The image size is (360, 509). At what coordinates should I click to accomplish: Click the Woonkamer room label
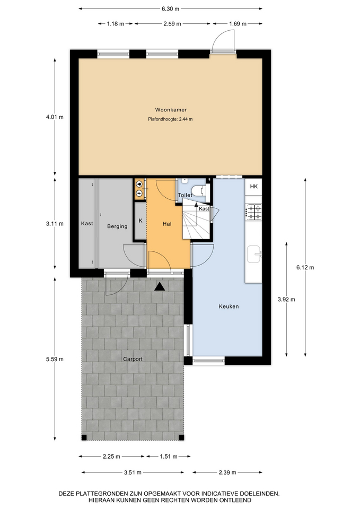171,110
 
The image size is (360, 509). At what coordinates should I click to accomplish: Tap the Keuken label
229,306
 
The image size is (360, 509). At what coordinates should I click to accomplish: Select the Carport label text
133,359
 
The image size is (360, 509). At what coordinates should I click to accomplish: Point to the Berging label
117,226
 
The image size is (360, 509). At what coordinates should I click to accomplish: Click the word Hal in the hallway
167,224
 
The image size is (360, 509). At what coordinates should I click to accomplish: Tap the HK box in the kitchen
253,186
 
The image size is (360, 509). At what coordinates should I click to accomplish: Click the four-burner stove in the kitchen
253,212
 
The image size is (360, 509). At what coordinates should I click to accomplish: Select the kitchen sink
254,254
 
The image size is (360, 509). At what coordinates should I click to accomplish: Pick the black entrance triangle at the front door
160,286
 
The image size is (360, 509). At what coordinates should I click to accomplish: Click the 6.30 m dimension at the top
170,9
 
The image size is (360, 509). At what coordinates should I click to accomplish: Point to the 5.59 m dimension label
55,359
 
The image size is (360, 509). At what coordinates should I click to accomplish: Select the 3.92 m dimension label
286,299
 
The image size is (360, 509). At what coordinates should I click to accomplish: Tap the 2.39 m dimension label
227,472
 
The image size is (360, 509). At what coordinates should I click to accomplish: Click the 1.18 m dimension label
116,23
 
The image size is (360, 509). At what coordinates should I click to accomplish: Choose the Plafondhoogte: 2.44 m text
170,119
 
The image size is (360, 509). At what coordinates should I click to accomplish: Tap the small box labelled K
141,221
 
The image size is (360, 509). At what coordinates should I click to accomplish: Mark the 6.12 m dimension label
305,267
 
